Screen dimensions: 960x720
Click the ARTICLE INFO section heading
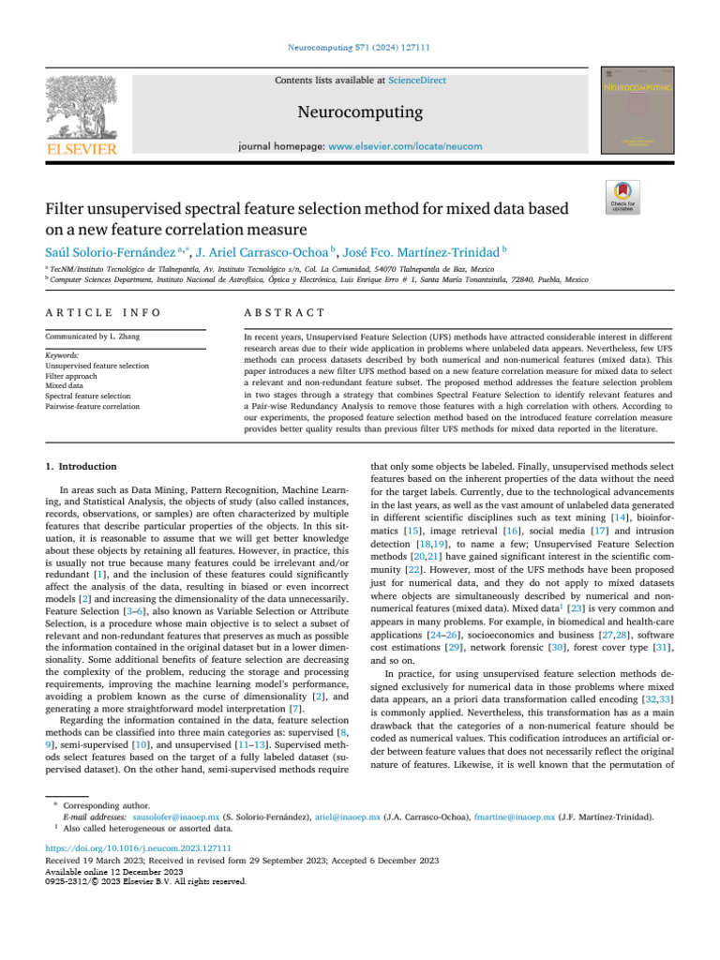click(103, 312)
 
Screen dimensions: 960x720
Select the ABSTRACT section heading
click(284, 312)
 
